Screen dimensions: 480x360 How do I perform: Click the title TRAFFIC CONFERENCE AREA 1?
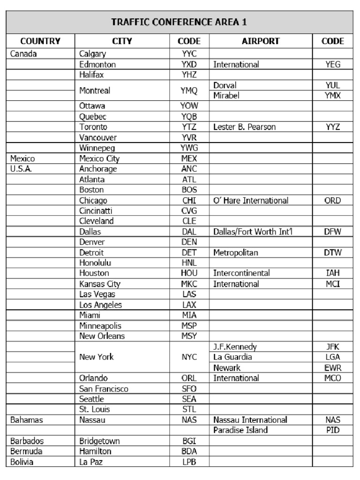pos(179,22)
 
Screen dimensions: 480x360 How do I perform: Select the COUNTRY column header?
pos(40,41)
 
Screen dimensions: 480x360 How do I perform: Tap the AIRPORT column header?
pos(260,41)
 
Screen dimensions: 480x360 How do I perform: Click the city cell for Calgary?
pos(93,54)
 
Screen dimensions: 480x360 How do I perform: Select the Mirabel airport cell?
pos(226,96)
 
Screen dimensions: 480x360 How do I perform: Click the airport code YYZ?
pos(332,127)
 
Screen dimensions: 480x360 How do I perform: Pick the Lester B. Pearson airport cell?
pos(244,127)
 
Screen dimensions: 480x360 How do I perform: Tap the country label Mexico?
pos(22,158)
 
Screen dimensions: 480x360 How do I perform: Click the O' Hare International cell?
pos(251,201)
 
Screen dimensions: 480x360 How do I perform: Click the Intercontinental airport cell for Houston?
pos(241,273)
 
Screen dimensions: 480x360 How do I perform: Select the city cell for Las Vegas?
pos(97,294)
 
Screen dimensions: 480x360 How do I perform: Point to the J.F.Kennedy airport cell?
pos(235,347)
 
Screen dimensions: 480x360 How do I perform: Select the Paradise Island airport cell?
pos(240,430)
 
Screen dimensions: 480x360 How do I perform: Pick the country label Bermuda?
pos(26,451)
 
